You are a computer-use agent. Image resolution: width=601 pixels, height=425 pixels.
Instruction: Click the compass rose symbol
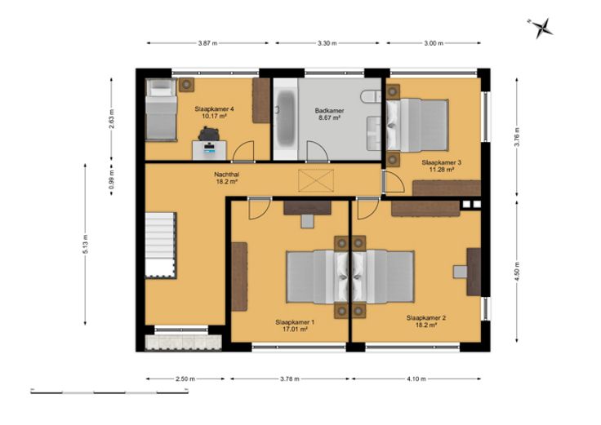pyautogui.click(x=542, y=28)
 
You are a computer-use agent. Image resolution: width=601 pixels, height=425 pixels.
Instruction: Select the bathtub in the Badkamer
pyautogui.click(x=286, y=119)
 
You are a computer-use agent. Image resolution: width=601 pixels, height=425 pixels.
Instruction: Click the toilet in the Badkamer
pyautogui.click(x=371, y=96)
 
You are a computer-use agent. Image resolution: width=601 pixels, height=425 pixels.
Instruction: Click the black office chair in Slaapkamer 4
pyautogui.click(x=209, y=133)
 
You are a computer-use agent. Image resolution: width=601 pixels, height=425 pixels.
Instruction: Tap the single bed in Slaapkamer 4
pyautogui.click(x=161, y=109)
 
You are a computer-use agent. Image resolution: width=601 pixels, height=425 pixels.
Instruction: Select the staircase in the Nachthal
pyautogui.click(x=160, y=245)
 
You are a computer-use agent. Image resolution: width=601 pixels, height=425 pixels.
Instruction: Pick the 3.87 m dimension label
pyautogui.click(x=207, y=43)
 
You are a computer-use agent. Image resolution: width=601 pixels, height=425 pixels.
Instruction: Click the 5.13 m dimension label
pyautogui.click(x=86, y=244)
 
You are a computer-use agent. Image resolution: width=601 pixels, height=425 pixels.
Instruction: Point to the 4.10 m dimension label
pyautogui.click(x=416, y=379)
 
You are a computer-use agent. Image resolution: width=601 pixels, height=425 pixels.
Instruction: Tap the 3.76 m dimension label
pyautogui.click(x=517, y=137)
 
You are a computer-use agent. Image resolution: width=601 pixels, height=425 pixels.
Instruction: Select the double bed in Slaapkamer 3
pyautogui.click(x=417, y=125)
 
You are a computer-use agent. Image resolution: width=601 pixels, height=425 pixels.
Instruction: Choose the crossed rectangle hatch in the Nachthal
pyautogui.click(x=316, y=180)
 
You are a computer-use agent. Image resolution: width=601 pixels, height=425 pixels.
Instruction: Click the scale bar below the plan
pyautogui.click(x=109, y=392)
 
